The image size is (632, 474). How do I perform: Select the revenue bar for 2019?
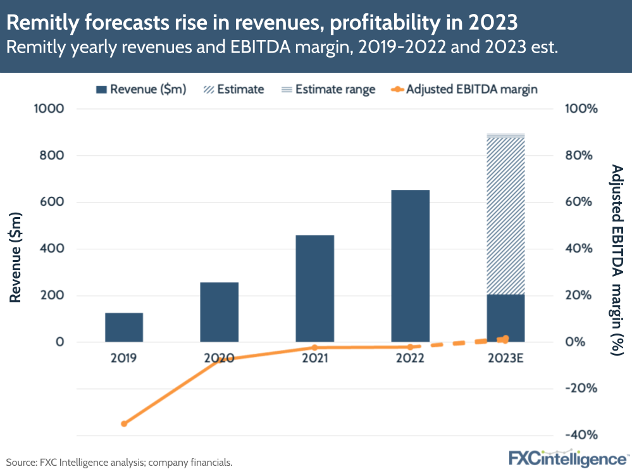[x=124, y=327]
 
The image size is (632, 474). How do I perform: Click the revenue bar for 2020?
[x=219, y=312]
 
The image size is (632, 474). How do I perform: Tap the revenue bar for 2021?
[x=314, y=289]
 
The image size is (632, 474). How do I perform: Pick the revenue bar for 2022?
[x=410, y=266]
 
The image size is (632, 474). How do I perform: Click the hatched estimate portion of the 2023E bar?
[x=505, y=215]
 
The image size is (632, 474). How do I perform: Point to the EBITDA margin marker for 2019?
[x=124, y=423]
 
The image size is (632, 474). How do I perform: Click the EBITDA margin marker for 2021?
[x=314, y=347]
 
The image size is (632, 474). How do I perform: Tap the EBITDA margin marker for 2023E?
[x=505, y=339]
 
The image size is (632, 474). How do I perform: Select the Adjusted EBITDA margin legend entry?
[x=464, y=89]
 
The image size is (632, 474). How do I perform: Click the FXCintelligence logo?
[x=569, y=458]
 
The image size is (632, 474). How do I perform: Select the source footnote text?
[x=120, y=463]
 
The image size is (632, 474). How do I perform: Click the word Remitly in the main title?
[x=42, y=23]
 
